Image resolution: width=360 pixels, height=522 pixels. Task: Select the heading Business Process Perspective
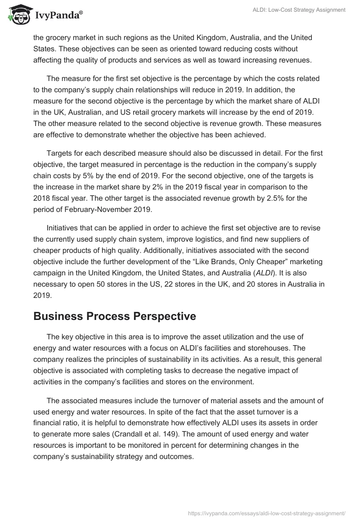pyautogui.click(x=114, y=316)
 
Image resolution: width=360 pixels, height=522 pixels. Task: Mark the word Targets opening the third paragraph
pyautogui.click(x=61, y=153)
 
